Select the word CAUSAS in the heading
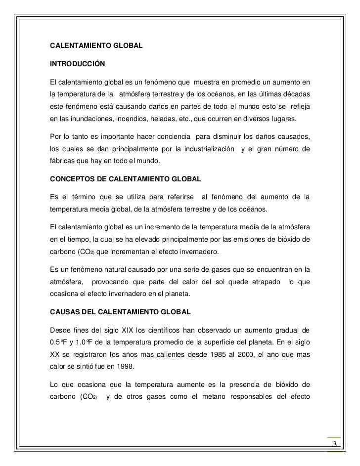[65, 312]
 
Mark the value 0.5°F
[59, 341]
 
